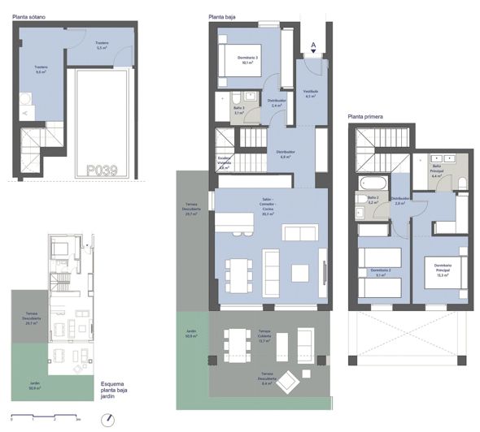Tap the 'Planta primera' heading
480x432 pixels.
pos(366,117)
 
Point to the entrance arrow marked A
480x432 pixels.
pos(313,47)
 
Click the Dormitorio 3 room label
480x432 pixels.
pos(248,59)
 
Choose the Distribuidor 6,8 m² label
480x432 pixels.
pos(285,153)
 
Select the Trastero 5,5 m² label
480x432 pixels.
pos(102,46)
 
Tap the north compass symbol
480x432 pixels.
pos(108,419)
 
